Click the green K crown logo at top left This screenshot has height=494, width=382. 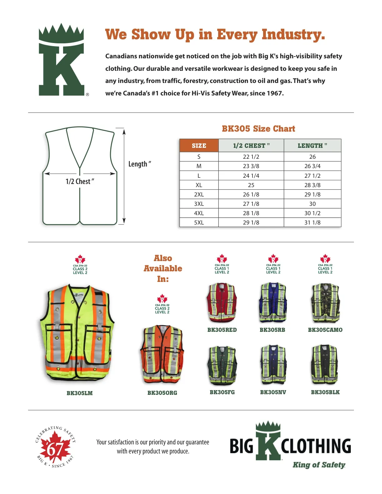(61, 60)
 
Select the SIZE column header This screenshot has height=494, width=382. (199, 146)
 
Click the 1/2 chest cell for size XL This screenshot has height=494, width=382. (251, 185)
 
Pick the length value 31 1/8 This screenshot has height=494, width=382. (312, 222)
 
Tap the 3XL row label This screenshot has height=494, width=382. (199, 204)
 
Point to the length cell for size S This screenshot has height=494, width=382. (312, 157)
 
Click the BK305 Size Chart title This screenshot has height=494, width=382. (258, 129)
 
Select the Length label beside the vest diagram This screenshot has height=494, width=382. (140, 164)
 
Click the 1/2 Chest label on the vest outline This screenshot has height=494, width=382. (80, 182)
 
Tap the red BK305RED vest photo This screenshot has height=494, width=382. (222, 303)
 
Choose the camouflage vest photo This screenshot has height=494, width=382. (325, 303)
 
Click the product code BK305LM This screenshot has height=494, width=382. (80, 393)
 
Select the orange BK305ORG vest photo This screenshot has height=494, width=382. (162, 354)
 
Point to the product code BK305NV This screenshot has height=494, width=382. (273, 392)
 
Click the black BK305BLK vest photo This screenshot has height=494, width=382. (325, 365)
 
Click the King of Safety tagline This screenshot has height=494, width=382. (319, 465)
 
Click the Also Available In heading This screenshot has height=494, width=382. (163, 269)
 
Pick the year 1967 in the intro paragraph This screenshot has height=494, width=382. (275, 93)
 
